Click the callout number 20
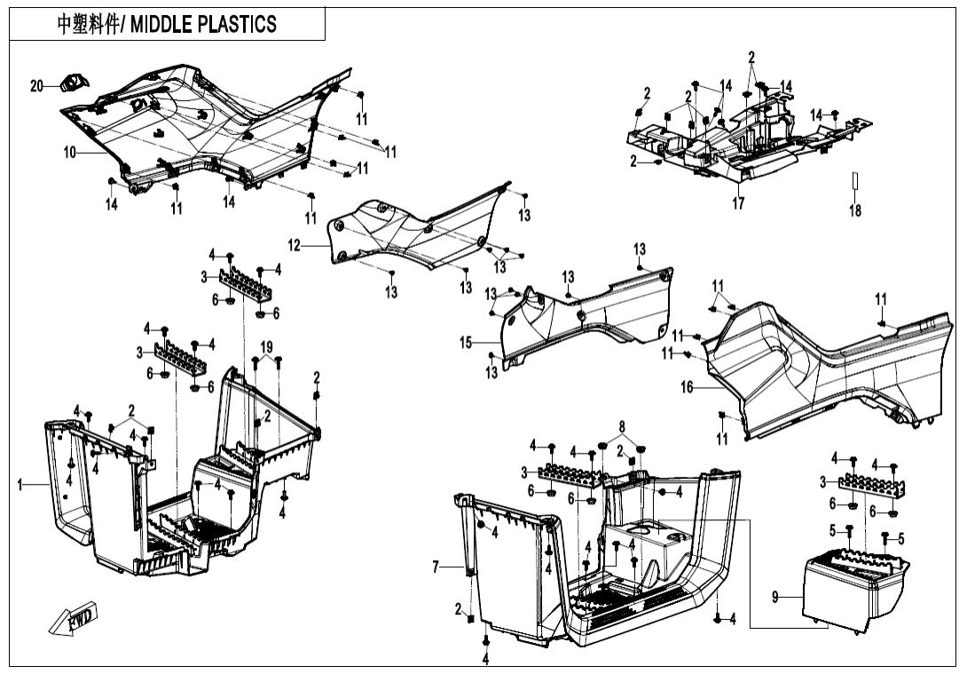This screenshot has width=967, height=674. [x=36, y=86]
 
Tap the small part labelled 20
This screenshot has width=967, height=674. [x=71, y=84]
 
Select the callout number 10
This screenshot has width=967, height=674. [x=69, y=153]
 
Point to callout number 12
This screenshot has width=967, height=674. [x=294, y=245]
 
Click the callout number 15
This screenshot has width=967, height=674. [x=467, y=342]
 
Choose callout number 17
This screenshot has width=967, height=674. [x=738, y=203]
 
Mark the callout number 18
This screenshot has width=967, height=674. [x=855, y=211]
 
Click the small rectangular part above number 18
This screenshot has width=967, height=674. [x=855, y=181]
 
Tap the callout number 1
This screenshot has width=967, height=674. [x=20, y=484]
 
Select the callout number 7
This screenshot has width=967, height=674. [x=436, y=567]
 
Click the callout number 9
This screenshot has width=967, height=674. [x=775, y=599]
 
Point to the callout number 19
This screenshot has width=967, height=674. [x=266, y=345]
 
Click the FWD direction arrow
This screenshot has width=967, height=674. [x=75, y=619]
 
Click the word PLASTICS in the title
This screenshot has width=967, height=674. [x=235, y=24]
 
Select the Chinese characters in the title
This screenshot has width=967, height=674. [x=90, y=24]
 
